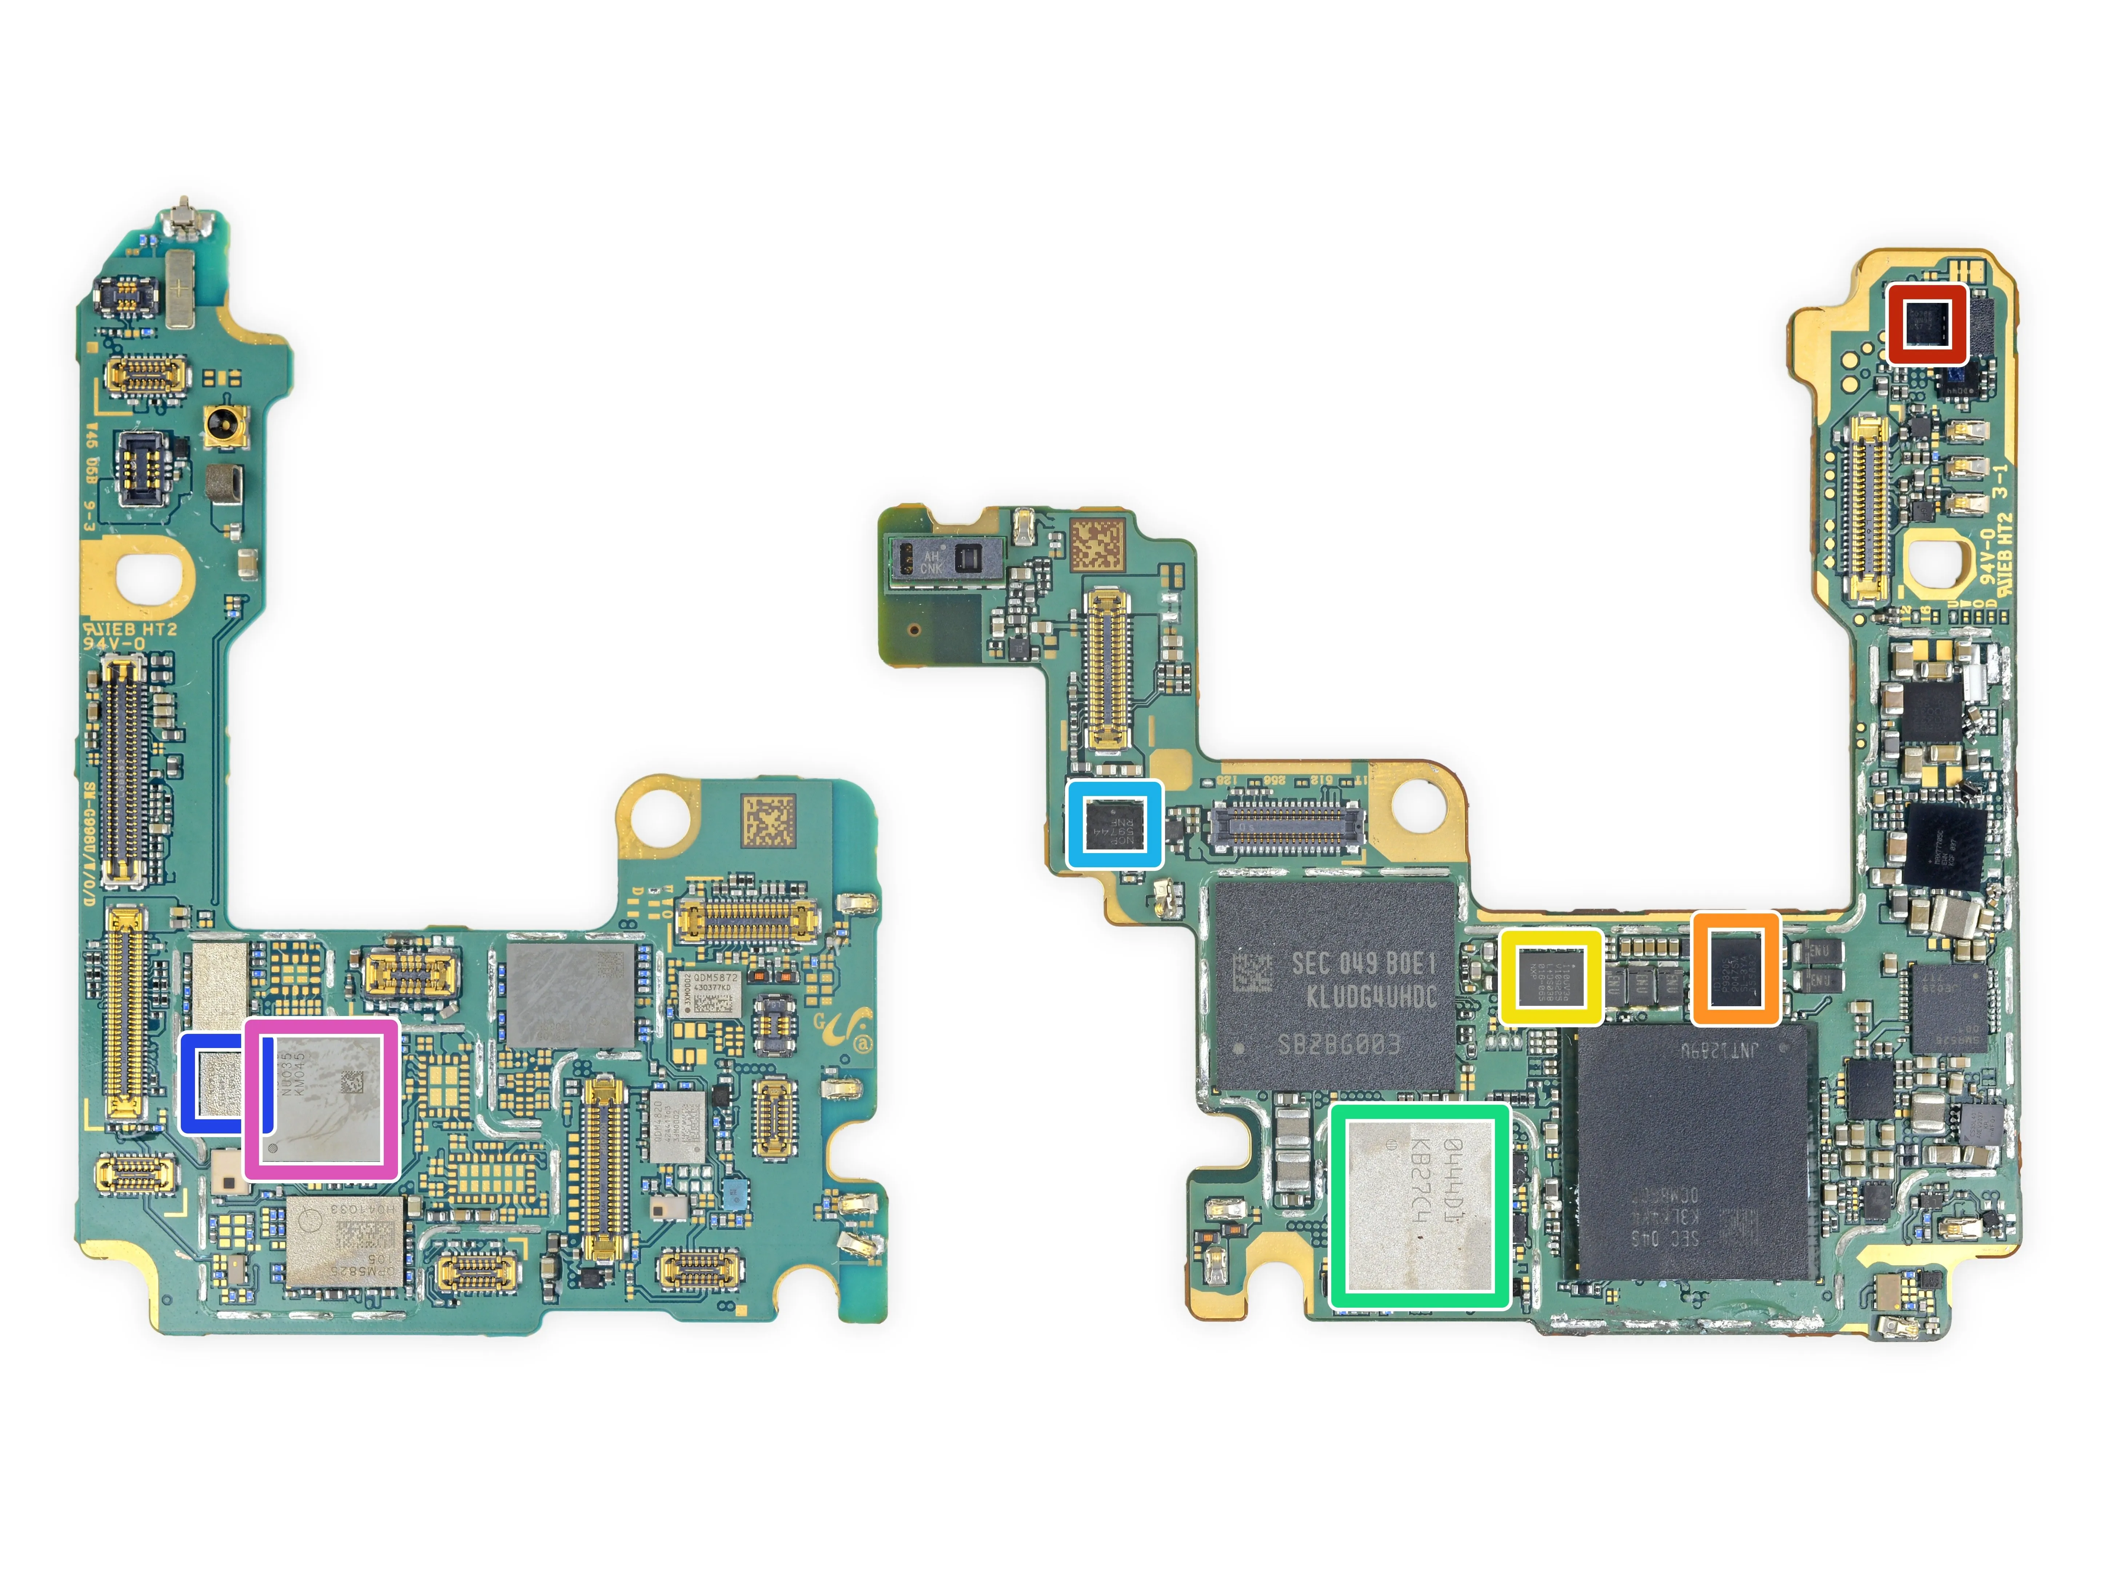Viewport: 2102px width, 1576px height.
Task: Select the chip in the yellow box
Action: click(x=1551, y=977)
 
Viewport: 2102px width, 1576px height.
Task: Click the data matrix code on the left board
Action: click(x=768, y=823)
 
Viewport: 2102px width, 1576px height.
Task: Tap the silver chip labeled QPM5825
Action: click(x=344, y=1241)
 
